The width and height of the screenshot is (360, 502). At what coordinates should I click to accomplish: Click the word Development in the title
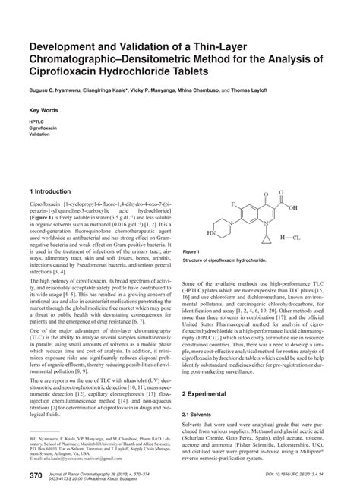[x=63, y=46]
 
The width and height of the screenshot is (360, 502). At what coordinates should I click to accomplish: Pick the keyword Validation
[x=40, y=134]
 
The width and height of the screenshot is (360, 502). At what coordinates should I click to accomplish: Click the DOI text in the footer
[x=302, y=475]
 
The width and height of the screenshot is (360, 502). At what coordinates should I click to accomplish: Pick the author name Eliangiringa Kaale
[x=106, y=90]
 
